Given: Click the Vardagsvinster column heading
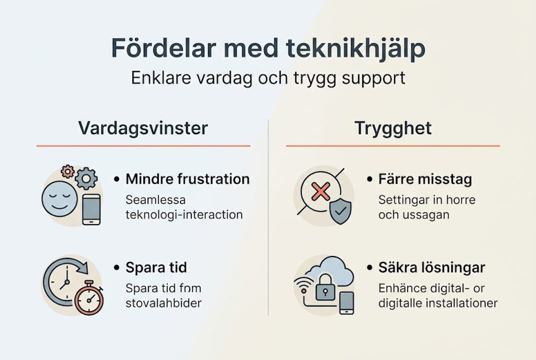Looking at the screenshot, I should [x=143, y=128].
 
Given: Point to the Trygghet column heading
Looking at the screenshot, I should [x=393, y=128].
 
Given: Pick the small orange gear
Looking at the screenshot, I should [x=67, y=171].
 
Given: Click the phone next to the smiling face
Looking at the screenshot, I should [x=91, y=209].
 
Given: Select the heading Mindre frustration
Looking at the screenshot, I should [x=187, y=179].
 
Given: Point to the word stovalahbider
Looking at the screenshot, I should [x=164, y=303].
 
